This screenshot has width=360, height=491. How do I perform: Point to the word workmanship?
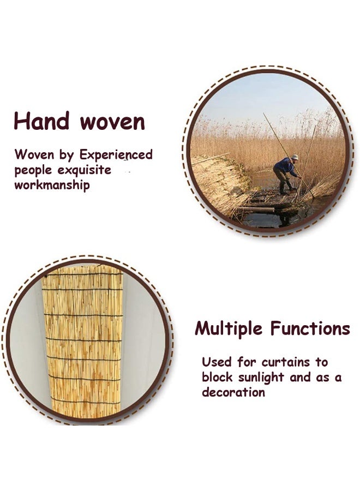point(52,184)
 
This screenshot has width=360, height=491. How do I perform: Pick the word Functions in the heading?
point(310,329)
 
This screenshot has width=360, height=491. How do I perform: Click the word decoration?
point(233,392)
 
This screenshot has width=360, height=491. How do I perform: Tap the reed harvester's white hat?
point(295,157)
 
